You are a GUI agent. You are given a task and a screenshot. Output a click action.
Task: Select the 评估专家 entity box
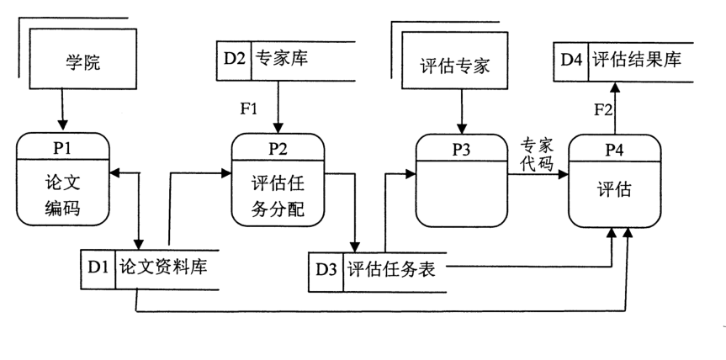coord(453,65)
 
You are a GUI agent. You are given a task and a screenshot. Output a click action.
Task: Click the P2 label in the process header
coord(278,147)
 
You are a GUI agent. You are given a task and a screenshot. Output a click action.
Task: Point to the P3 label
coord(461,149)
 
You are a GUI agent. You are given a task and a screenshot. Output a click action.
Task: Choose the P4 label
coord(614,149)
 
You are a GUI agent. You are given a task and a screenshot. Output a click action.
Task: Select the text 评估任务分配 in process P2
coord(278,195)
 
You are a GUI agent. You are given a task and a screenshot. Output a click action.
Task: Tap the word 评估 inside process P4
coord(614,190)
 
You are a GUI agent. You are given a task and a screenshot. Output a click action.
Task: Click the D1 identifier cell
coord(97,267)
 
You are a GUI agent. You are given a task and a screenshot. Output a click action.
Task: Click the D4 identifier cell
coord(573,59)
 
